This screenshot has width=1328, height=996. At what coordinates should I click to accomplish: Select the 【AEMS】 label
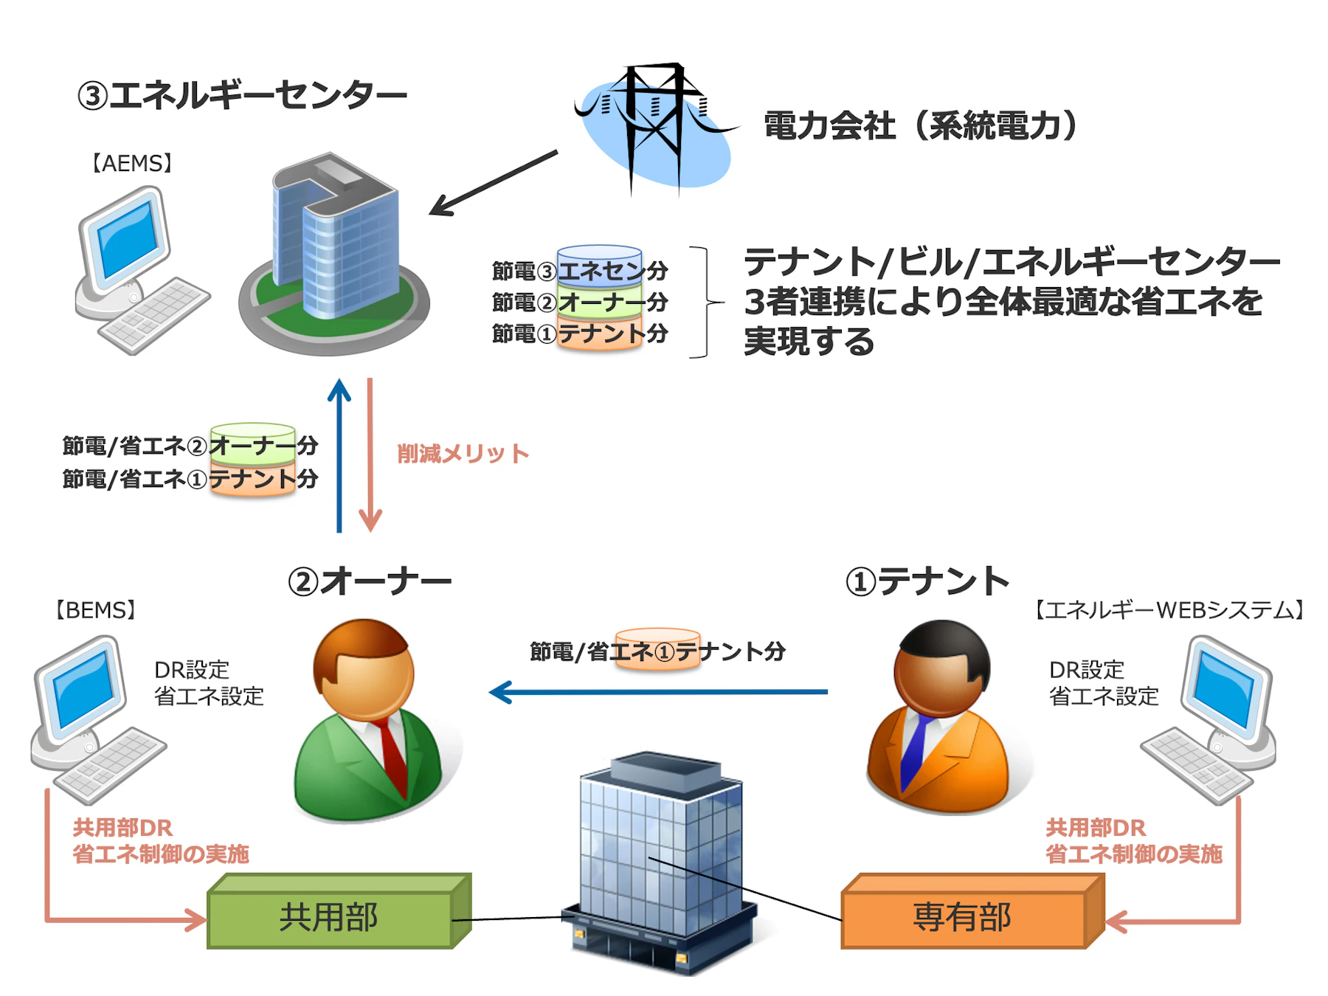point(132,163)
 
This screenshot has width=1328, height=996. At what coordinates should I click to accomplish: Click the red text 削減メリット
point(463,454)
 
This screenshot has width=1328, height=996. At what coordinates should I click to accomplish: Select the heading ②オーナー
point(369,581)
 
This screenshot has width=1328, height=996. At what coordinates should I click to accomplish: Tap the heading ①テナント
point(927,581)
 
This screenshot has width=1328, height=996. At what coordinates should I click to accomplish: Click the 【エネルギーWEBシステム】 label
point(1170,610)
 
